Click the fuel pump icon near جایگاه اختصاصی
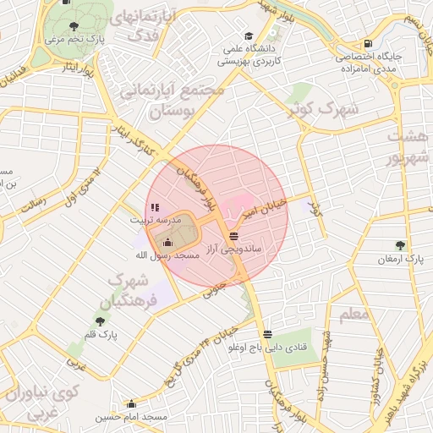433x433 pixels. click(x=366, y=44)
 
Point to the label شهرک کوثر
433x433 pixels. click(x=324, y=108)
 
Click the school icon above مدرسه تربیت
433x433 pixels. click(x=153, y=206)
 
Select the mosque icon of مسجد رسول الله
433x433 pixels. click(x=167, y=243)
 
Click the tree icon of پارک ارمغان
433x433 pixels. click(x=400, y=244)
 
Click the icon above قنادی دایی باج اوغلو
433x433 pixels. click(x=267, y=334)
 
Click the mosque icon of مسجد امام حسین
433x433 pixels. click(x=131, y=403)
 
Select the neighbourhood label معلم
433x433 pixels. click(x=354, y=315)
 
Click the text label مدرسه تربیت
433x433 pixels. click(x=148, y=219)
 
